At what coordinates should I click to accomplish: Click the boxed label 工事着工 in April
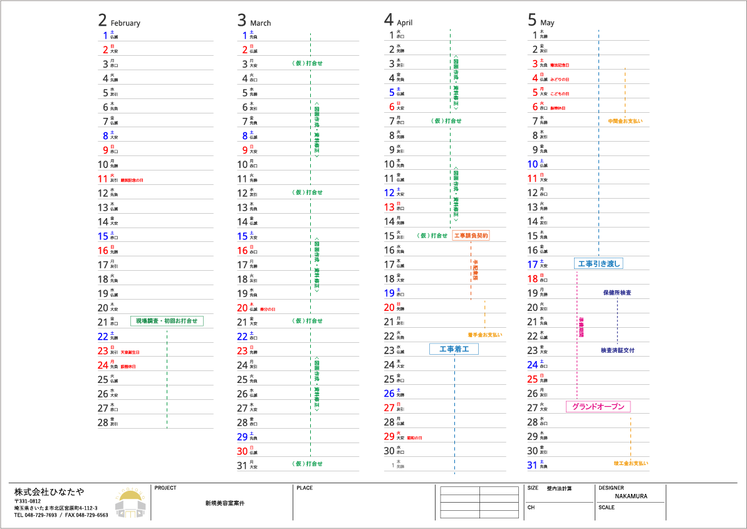coord(454,349)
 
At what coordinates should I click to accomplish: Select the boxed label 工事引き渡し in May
coord(598,264)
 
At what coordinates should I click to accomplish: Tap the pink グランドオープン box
coord(598,407)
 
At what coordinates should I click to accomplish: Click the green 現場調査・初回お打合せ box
coord(167,321)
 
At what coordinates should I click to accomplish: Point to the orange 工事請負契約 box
coord(471,236)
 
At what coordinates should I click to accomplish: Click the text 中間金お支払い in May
coord(625,121)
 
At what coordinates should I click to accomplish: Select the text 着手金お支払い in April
coord(484,335)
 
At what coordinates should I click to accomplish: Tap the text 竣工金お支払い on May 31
coord(631,464)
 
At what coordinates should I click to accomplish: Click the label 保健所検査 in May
coord(617,293)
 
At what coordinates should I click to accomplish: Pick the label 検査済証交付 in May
coord(617,350)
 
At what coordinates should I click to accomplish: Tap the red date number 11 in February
coord(103,179)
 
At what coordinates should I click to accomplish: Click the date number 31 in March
coord(243,465)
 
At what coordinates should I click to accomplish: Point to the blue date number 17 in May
coord(533,264)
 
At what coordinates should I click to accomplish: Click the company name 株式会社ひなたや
coord(50,491)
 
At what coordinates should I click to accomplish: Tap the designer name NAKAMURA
coord(631,496)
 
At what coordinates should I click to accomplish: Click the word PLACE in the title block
coord(305,488)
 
